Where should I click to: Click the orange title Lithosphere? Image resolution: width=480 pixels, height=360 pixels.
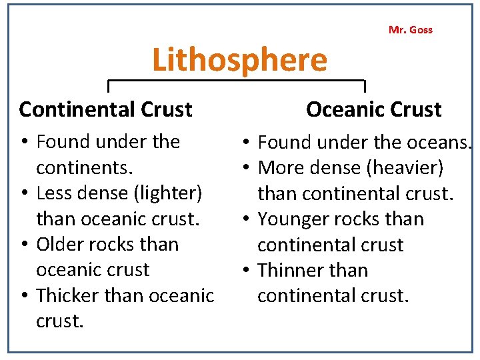coord(239,60)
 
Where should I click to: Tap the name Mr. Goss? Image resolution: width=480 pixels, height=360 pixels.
coord(410,29)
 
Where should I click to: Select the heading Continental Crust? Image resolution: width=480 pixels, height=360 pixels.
coord(105,109)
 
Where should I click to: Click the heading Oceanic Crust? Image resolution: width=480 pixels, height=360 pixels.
coord(373,109)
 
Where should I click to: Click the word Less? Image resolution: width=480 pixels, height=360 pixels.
coord(51,193)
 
